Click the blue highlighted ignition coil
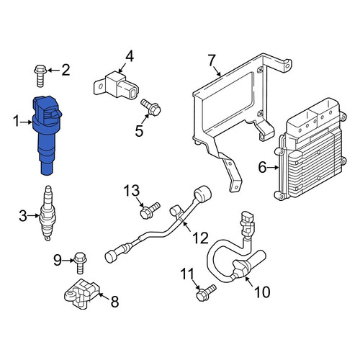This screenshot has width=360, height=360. click(47, 135)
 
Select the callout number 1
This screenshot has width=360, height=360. click(16, 121)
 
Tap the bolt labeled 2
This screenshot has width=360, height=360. click(40, 75)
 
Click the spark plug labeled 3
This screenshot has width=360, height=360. click(48, 213)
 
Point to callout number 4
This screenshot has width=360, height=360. click(129, 57)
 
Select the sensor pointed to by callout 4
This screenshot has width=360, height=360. click(117, 86)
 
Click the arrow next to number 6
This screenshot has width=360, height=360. click(273, 167)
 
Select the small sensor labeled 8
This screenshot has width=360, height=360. click(81, 293)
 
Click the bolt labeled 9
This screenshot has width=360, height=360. click(80, 263)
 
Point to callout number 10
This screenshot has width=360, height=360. click(262, 292)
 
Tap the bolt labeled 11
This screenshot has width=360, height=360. click(206, 292)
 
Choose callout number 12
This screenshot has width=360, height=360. click(201, 238)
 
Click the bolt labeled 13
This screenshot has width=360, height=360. click(150, 210)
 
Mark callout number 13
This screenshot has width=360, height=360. click(132, 191)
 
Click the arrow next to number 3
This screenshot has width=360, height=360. click(33, 216)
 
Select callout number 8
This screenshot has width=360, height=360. click(114, 302)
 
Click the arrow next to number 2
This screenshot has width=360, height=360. click(54, 71)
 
